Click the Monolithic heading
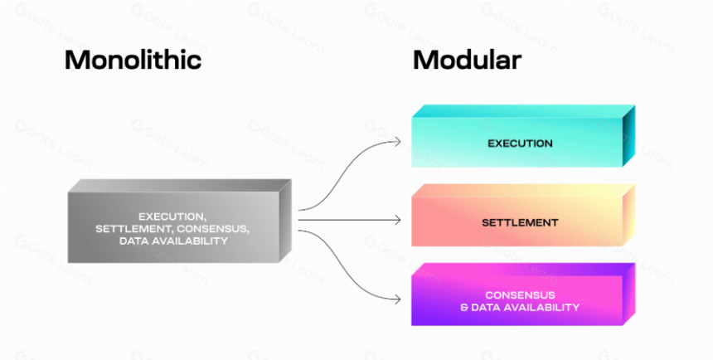click(133, 61)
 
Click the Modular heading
click(467, 60)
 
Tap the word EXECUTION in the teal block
click(520, 144)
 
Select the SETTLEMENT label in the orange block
click(520, 222)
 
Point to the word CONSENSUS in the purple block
click(520, 295)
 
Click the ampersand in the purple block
click(464, 307)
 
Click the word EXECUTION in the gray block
click(172, 217)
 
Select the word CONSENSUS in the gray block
click(210, 229)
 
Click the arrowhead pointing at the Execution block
click(396, 142)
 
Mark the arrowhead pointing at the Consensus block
click(396, 299)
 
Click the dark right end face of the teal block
click(628, 135)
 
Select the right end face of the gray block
click(285, 221)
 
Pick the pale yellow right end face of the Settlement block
click(628, 215)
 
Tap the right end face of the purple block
click(628, 294)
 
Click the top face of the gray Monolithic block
click(180, 185)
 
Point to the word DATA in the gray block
click(133, 241)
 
